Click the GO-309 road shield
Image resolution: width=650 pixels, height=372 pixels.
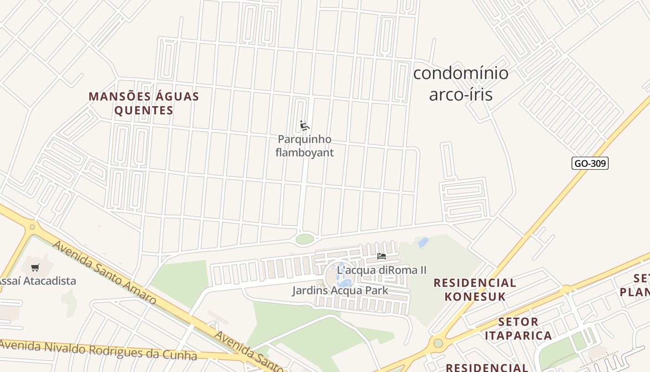click(590, 163)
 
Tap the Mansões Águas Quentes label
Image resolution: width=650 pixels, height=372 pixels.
click(144, 103)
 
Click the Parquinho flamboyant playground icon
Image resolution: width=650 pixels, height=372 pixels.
click(305, 126)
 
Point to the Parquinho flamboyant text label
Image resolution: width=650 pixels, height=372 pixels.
click(305, 146)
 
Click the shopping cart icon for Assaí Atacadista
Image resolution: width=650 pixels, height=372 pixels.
click(35, 267)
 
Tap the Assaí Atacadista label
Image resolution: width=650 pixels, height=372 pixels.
click(37, 281)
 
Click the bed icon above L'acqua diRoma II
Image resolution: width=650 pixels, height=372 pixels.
click(382, 256)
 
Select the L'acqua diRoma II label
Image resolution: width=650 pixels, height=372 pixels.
click(382, 270)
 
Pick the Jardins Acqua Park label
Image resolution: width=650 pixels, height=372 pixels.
click(340, 291)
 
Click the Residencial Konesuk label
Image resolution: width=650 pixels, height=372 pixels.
click(474, 289)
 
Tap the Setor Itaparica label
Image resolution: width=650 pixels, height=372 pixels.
click(518, 328)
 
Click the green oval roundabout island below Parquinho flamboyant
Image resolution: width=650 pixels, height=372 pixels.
click(305, 239)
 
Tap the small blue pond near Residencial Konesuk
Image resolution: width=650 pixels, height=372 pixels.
click(423, 242)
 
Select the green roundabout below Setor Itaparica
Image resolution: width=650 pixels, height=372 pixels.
click(438, 343)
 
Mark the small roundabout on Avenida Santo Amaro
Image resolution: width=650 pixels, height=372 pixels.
click(32, 227)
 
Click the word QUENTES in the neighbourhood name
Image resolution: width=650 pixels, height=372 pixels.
click(144, 111)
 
